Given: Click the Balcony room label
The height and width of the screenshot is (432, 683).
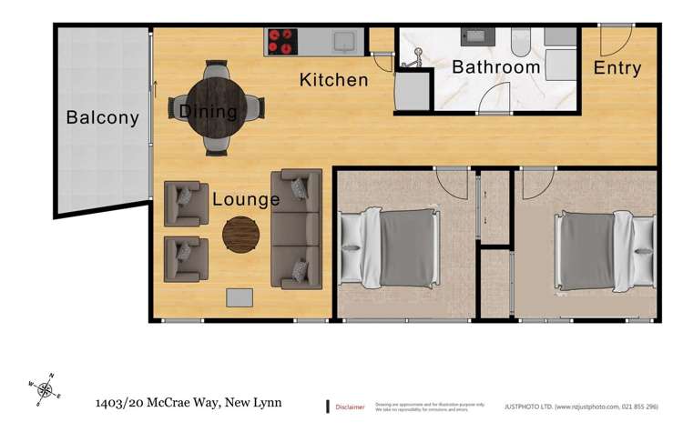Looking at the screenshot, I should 102,117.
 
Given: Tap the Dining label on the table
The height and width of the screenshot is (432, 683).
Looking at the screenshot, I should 208,112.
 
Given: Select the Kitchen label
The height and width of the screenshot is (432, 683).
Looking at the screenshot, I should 334,80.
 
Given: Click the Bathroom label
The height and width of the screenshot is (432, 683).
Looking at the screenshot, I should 496,67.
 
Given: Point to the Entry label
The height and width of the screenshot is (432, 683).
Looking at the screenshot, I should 617,68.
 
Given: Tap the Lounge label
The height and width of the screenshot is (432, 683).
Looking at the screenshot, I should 246,198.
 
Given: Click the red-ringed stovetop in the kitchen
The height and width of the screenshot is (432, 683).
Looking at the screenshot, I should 283,40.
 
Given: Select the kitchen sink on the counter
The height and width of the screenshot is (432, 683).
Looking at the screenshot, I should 343,40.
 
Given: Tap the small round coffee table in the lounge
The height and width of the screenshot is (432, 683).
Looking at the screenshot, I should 240,234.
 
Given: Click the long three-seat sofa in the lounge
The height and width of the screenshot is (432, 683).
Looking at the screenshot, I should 297,227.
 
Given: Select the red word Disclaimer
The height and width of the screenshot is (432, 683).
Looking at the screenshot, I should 351,407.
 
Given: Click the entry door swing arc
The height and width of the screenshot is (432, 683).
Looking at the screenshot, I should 615,41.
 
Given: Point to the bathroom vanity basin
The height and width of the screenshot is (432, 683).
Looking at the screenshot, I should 476,37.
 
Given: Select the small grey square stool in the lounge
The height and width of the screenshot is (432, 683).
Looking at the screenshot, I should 240,298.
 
